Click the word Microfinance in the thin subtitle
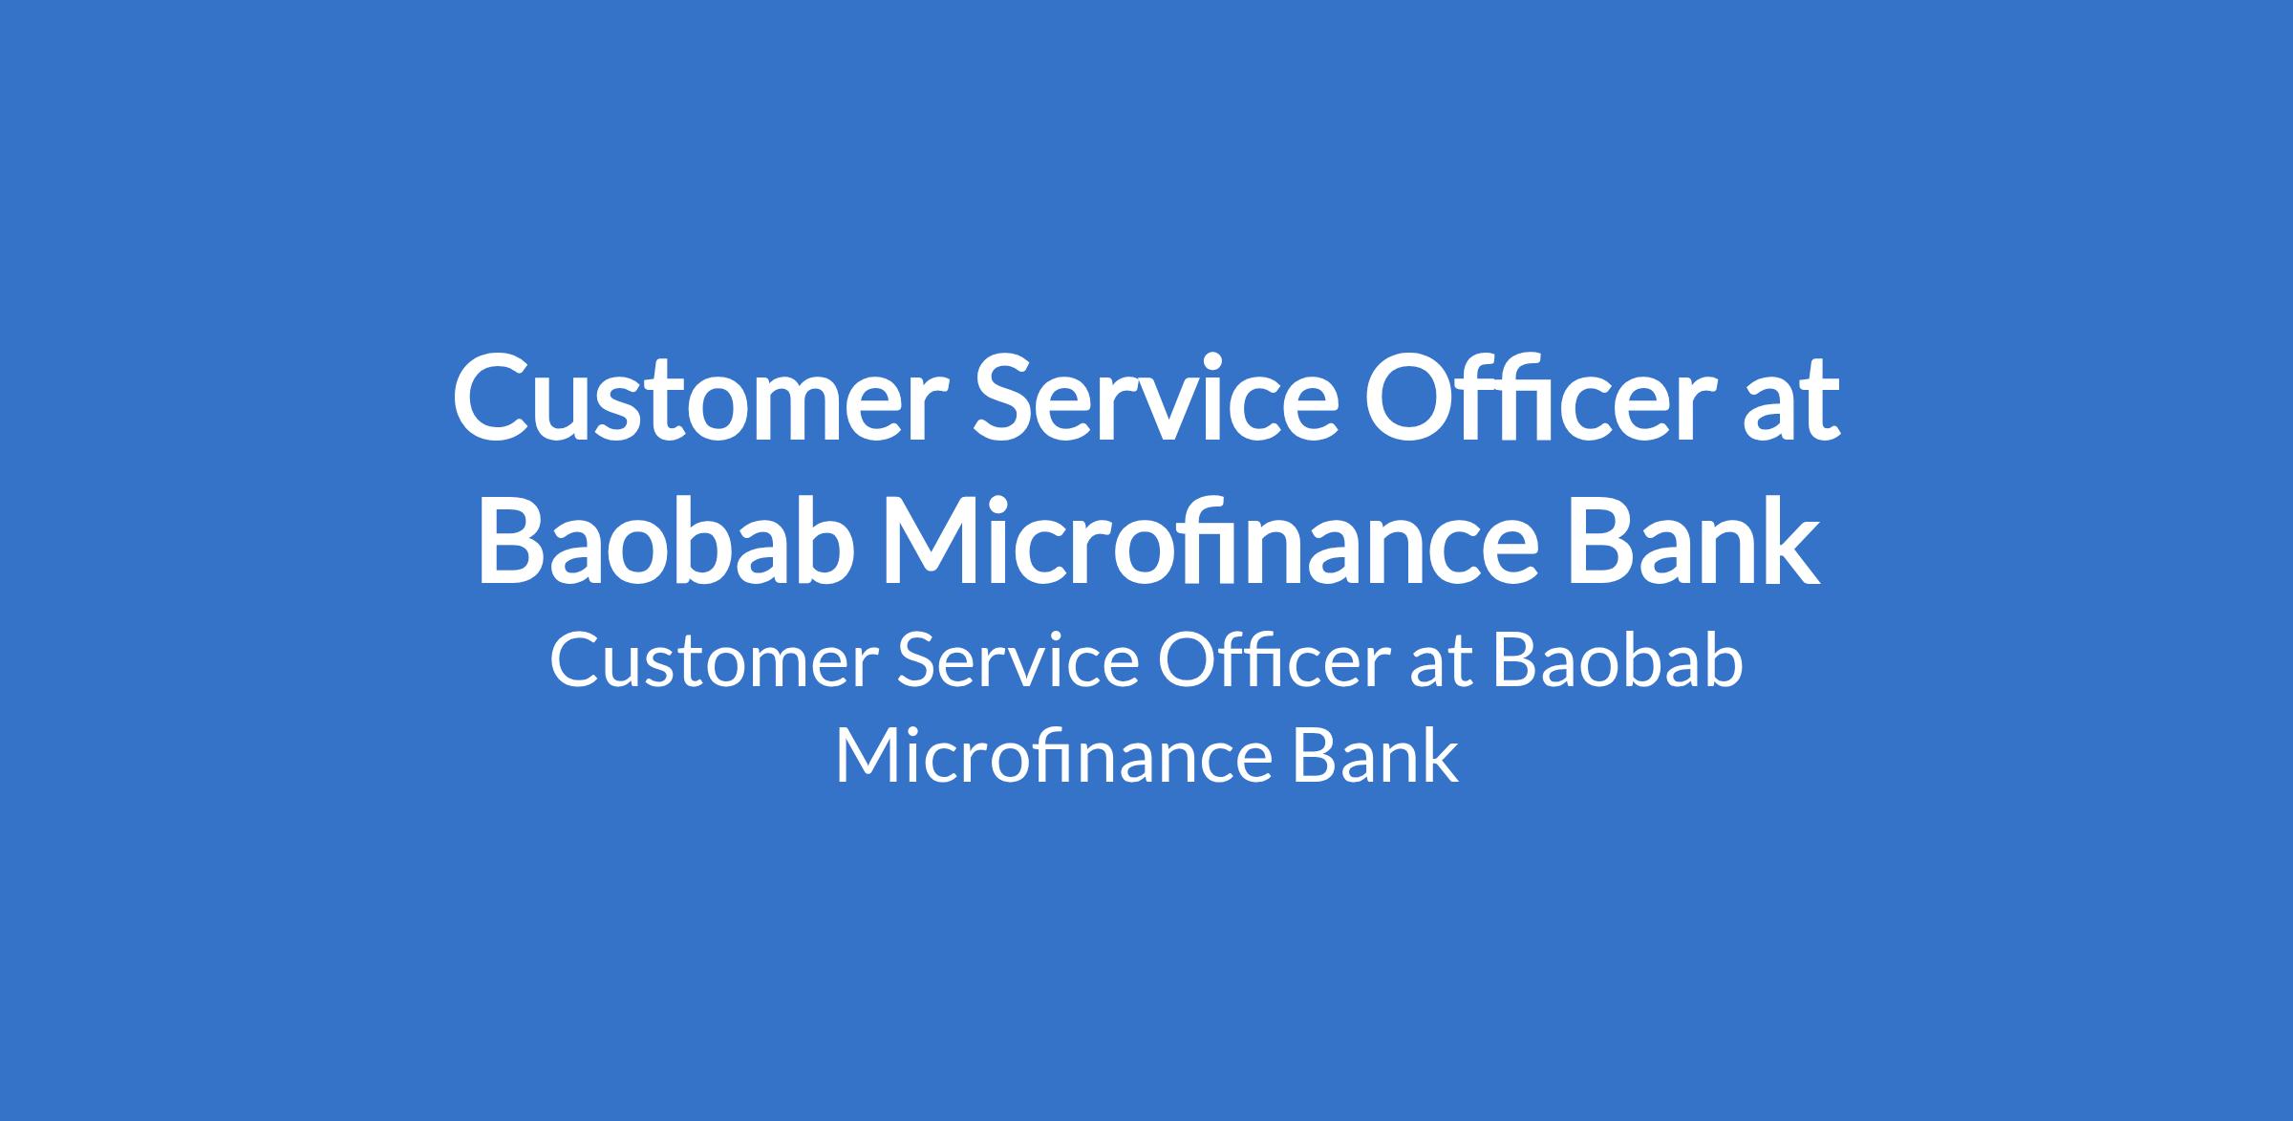(x=1055, y=756)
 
